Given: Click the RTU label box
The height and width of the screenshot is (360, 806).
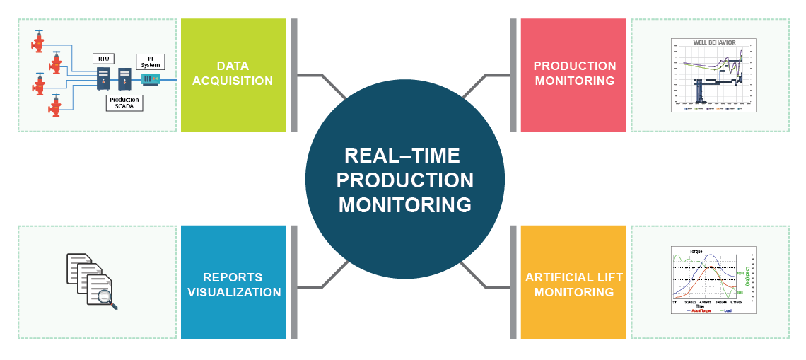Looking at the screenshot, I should (x=103, y=58).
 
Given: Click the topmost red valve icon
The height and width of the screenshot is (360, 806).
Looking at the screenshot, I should (x=39, y=42).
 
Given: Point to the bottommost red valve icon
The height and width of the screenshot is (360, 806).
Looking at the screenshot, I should (x=54, y=106).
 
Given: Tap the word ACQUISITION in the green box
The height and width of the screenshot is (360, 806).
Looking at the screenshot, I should (x=233, y=81).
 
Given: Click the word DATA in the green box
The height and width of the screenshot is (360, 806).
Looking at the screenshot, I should (x=233, y=66).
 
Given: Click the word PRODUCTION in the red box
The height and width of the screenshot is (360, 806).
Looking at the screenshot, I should (x=574, y=66).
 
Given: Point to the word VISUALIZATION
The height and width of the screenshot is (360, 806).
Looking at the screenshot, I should (x=233, y=292).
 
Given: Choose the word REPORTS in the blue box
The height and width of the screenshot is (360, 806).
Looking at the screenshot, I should (x=233, y=277).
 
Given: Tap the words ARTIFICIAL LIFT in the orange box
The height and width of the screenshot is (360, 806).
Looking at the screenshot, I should (x=574, y=277).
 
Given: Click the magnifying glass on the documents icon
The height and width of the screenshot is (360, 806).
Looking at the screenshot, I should (x=107, y=298).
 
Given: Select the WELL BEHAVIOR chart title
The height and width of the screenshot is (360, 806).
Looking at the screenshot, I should (x=713, y=43).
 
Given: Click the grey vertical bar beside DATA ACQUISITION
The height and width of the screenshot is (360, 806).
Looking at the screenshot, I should (x=294, y=75).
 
